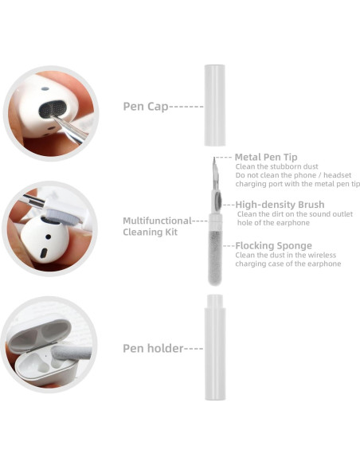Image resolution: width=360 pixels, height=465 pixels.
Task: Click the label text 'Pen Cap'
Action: pyautogui.click(x=145, y=105)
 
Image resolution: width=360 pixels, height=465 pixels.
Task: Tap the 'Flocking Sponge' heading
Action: pyautogui.click(x=274, y=245)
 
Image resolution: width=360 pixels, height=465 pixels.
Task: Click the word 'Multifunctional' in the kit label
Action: pyautogui.click(x=157, y=221)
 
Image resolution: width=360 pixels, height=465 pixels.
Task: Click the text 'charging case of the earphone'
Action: pyautogui.click(x=288, y=264)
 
